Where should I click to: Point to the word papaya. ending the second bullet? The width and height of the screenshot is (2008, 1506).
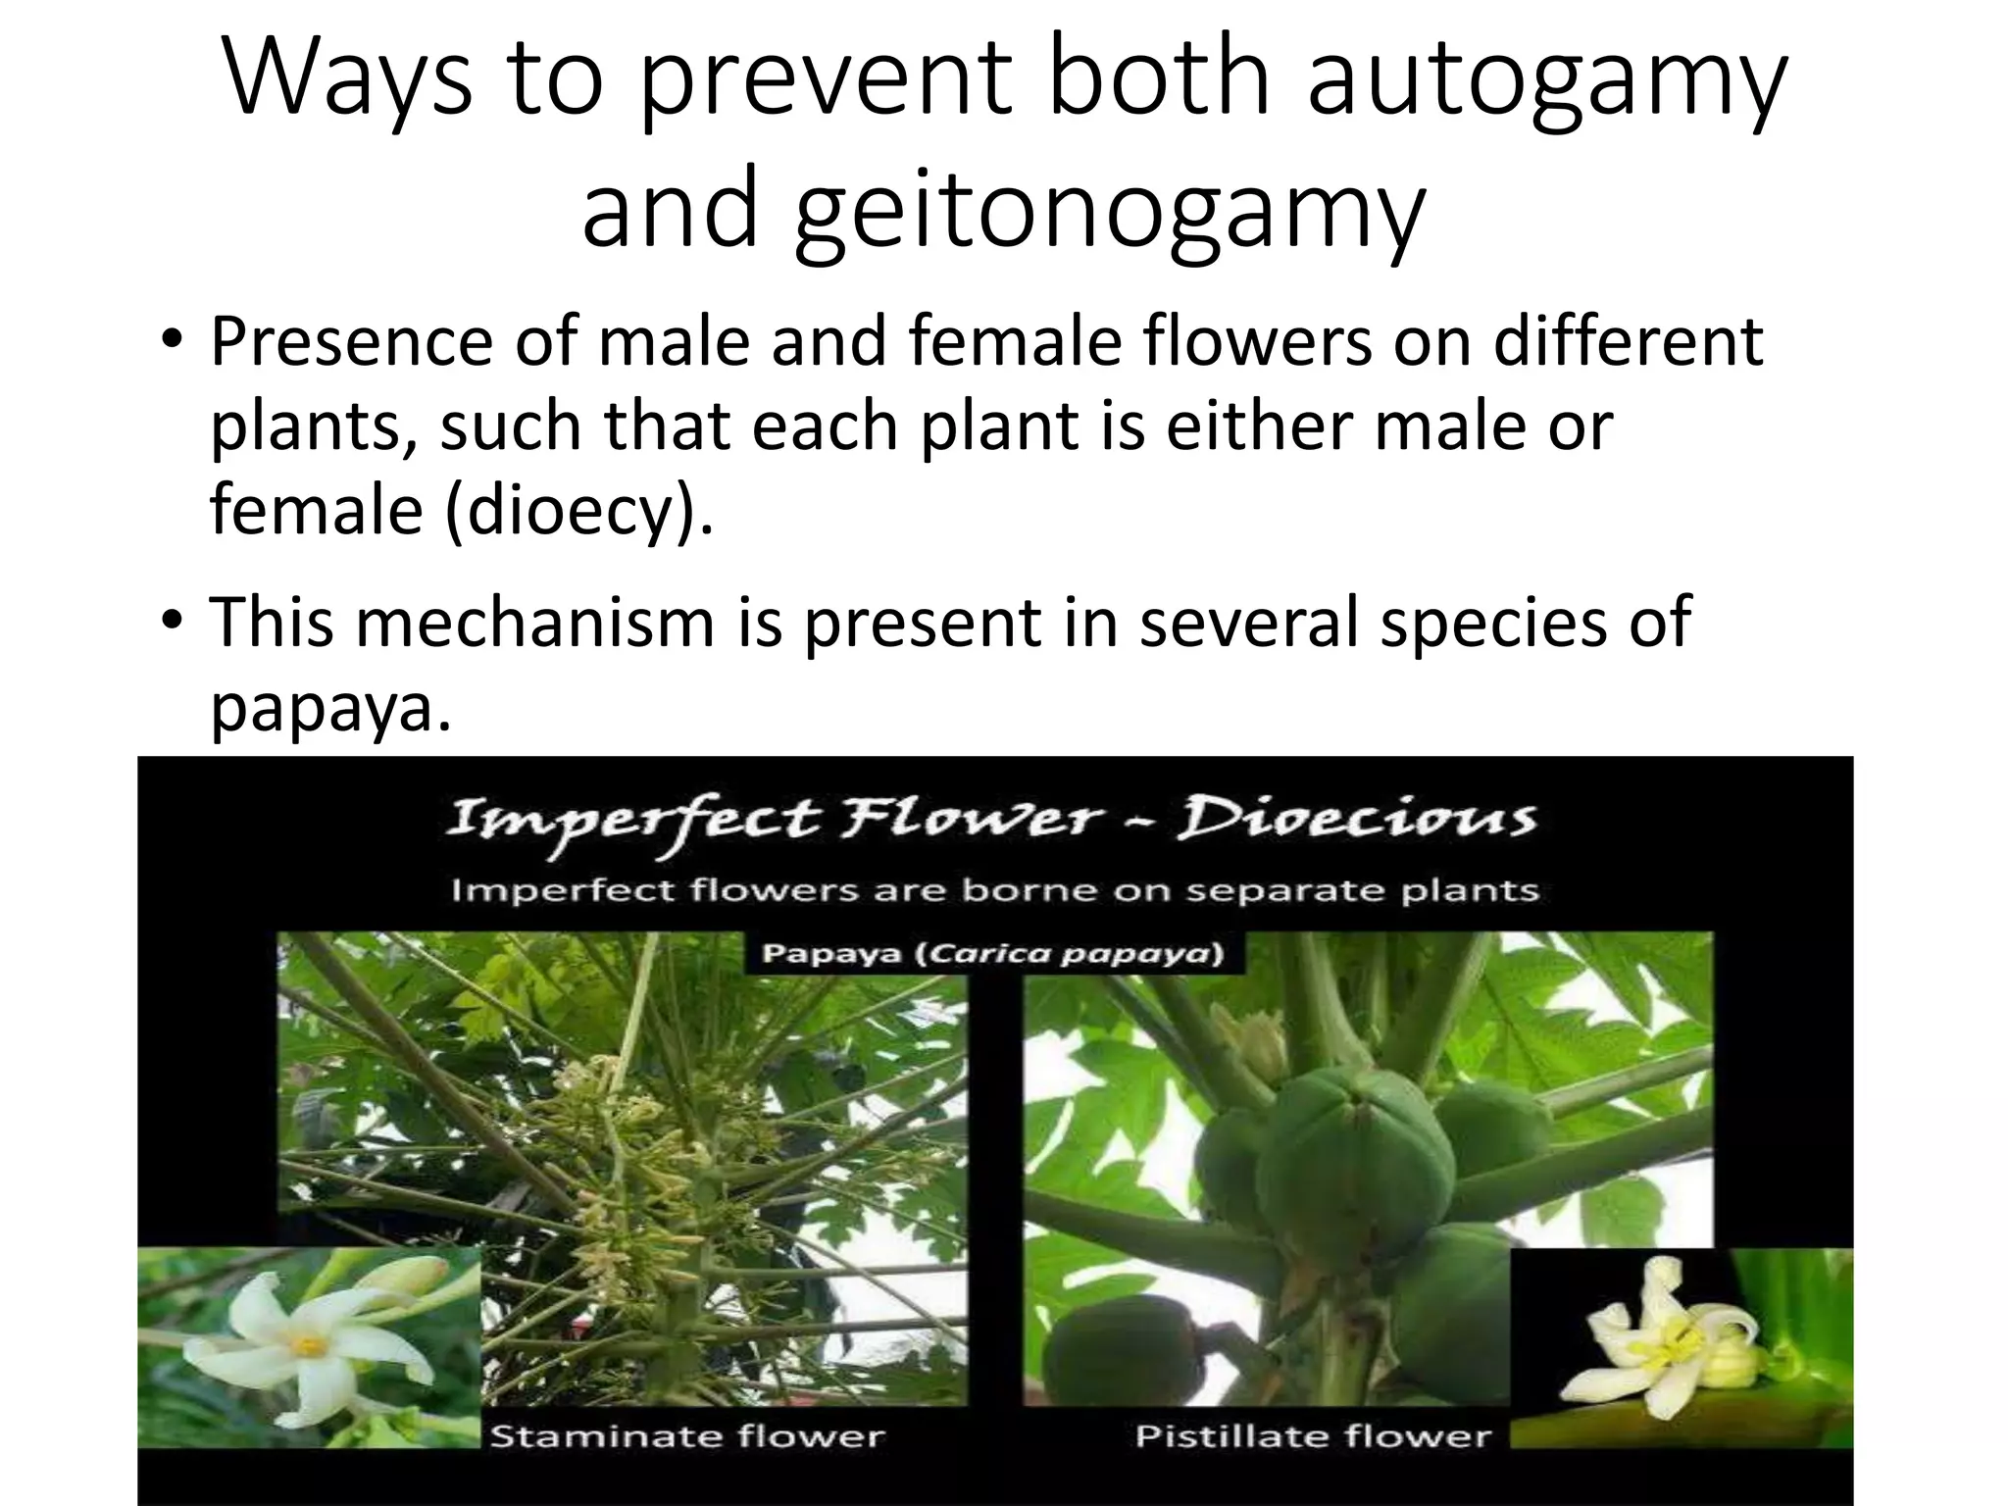[x=331, y=708]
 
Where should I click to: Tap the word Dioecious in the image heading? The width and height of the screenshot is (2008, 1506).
[x=1356, y=820]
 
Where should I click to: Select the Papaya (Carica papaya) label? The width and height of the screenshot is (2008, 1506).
[x=993, y=954]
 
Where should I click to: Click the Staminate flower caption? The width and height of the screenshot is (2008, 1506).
[x=687, y=1436]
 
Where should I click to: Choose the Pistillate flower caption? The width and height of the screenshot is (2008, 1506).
[x=1313, y=1436]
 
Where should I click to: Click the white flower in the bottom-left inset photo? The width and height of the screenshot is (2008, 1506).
[x=304, y=1343]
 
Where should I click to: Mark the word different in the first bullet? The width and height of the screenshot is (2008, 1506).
[x=1628, y=342]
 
